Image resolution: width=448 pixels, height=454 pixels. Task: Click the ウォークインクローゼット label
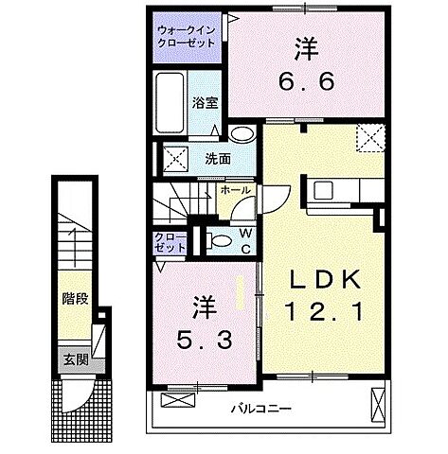click(186, 35)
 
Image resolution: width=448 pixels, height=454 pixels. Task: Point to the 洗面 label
click(217, 158)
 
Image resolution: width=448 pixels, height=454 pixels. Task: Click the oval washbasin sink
click(242, 134)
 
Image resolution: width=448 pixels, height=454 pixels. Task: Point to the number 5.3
click(204, 337)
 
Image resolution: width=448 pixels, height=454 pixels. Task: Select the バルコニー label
click(264, 410)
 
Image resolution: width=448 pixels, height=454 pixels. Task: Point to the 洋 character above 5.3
click(204, 306)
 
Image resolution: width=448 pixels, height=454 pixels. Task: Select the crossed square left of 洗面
click(173, 157)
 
